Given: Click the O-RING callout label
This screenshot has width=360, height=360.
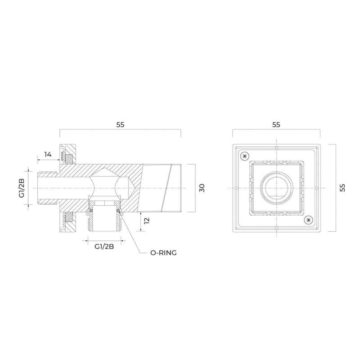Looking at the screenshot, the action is (163, 253).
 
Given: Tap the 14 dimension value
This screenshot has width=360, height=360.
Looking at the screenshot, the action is (48, 154).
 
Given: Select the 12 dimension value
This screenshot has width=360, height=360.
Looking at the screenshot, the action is (147, 220).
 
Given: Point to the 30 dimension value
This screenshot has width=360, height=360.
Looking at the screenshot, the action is (202, 188).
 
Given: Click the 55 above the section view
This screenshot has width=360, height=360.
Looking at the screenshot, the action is (120, 125).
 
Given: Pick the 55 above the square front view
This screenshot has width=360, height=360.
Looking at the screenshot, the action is (276, 125).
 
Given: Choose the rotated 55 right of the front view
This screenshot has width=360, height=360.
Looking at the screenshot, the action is (342, 188).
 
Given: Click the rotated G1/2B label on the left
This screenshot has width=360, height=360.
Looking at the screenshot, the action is (22, 188).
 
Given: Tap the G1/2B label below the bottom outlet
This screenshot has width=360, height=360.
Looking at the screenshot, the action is (104, 247).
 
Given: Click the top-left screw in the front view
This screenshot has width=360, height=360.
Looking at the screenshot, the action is (245, 156).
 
